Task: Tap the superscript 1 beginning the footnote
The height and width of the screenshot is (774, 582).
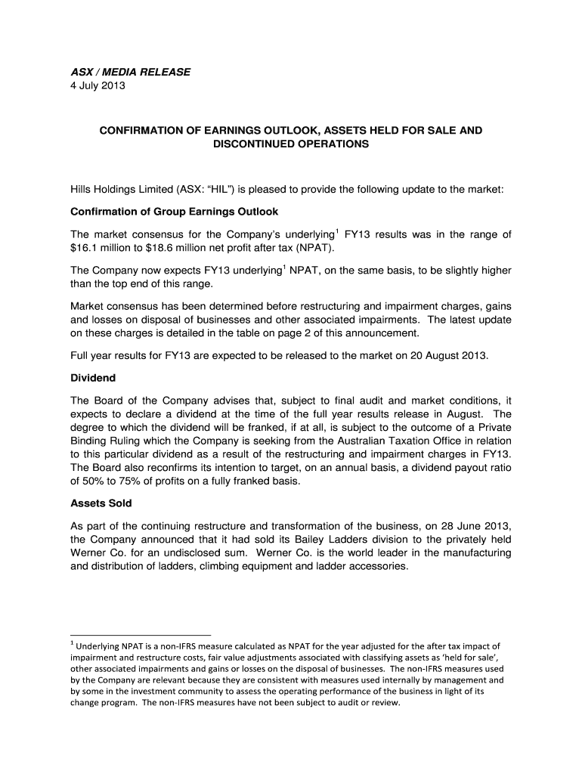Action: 72,643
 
